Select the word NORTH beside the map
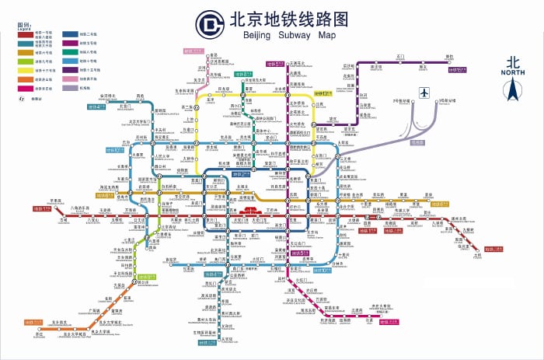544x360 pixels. tap(512, 72)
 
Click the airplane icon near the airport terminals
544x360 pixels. tap(424, 93)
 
